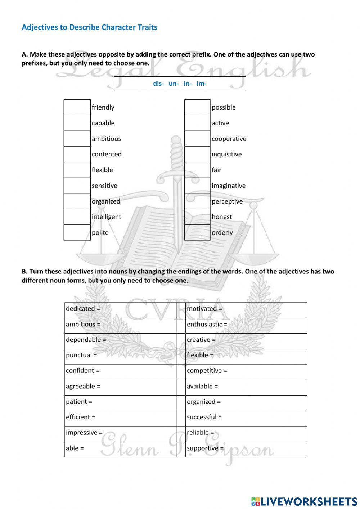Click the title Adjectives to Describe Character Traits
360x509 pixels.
(x=89, y=27)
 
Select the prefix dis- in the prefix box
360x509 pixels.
(x=158, y=84)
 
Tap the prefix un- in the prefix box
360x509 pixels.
(x=174, y=84)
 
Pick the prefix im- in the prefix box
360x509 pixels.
(x=202, y=84)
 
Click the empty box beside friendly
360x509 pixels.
(x=77, y=107)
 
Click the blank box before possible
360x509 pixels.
(x=197, y=107)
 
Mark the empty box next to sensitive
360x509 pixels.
(x=77, y=186)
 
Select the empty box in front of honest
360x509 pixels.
(x=197, y=217)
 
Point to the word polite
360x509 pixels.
(x=100, y=232)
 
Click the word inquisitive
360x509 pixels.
(x=226, y=154)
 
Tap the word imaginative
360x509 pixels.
(x=229, y=186)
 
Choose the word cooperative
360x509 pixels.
(x=229, y=139)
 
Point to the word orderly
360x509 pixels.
(x=222, y=232)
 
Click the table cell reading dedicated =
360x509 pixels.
(x=120, y=309)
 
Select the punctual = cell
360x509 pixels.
(x=120, y=355)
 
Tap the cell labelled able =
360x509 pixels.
(x=120, y=448)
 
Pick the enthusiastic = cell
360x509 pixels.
(x=246, y=325)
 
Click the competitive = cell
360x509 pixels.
(x=246, y=371)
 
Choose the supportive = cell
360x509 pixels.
(x=246, y=448)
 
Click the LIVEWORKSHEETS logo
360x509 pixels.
(x=304, y=501)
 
